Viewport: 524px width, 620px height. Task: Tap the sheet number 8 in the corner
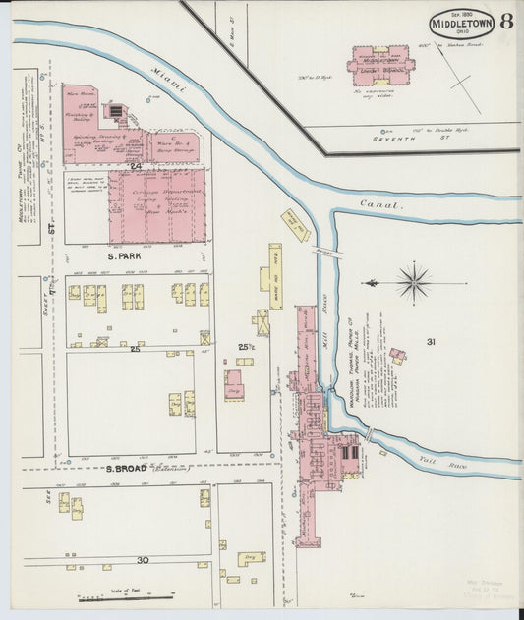click(x=505, y=22)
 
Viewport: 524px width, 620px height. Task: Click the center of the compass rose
click(x=414, y=282)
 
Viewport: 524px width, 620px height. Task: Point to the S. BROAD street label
click(x=127, y=469)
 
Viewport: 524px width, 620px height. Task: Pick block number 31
click(x=431, y=341)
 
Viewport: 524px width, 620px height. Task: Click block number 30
click(x=143, y=559)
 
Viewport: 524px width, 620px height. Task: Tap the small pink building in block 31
click(x=397, y=355)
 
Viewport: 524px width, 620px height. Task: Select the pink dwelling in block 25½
click(x=234, y=384)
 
